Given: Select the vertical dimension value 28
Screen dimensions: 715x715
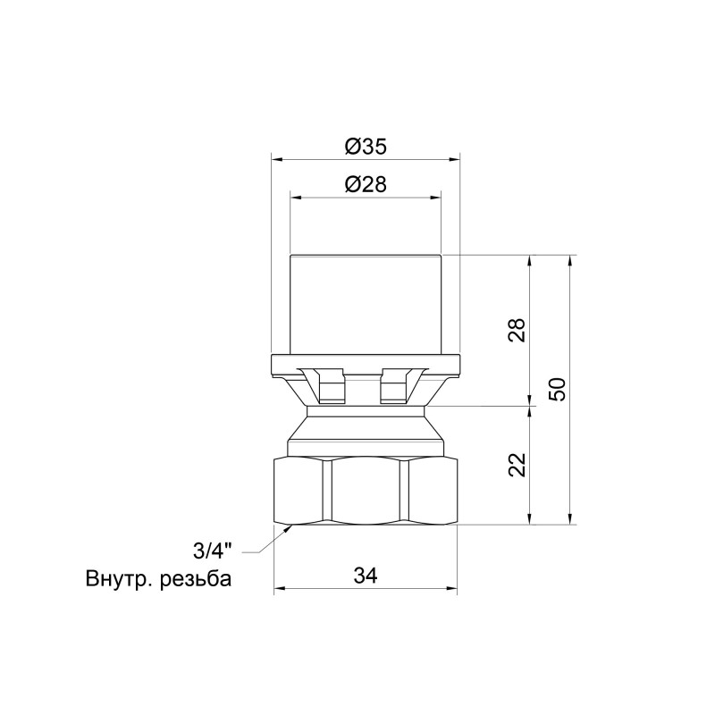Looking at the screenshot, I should pos(517,330).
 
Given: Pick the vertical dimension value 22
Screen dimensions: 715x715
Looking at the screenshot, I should pos(517,464).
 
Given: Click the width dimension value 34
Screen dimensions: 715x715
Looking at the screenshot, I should pos(366,576).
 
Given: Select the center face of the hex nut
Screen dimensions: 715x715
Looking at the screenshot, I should pos(366,492).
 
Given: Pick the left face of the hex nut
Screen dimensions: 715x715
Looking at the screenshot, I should pos(301,492).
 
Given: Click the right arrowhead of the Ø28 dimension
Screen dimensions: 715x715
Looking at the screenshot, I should pos(438,196).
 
